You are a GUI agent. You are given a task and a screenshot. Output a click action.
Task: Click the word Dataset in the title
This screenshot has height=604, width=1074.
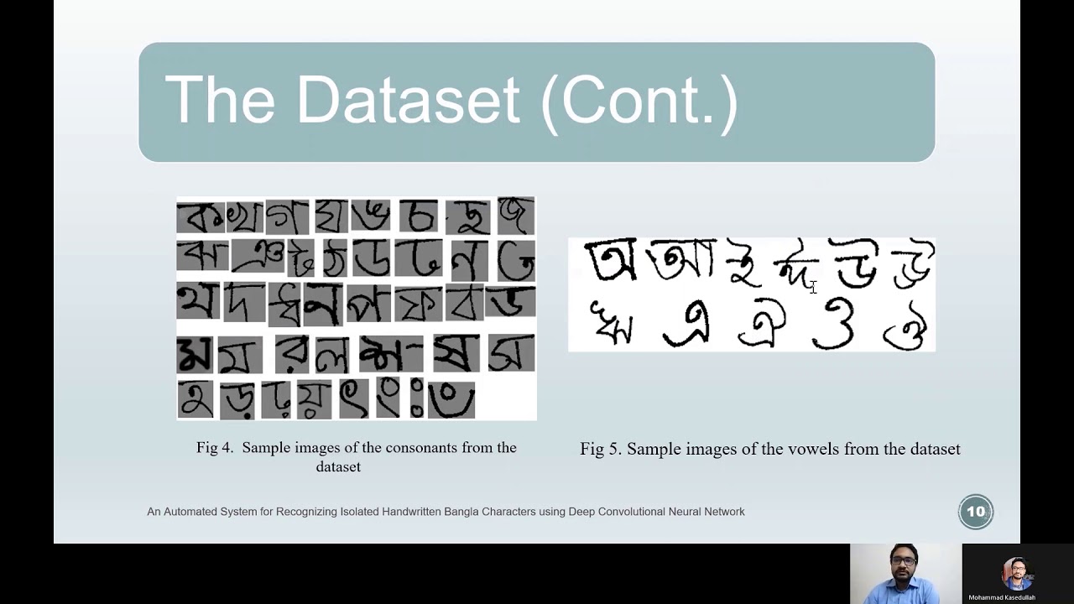tap(408, 100)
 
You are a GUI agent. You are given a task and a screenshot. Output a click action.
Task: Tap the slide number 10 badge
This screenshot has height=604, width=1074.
tap(976, 512)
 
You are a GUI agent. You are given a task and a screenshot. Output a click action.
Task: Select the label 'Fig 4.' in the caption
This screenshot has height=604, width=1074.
tap(215, 448)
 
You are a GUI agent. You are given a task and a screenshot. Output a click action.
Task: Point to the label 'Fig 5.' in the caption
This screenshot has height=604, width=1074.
tap(601, 450)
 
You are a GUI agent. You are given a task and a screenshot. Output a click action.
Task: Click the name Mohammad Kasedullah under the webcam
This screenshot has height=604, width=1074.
tap(1002, 597)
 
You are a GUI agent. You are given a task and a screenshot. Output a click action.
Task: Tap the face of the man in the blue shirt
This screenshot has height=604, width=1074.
tap(904, 562)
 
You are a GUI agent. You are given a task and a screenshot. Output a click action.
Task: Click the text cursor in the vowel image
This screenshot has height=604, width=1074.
tap(812, 288)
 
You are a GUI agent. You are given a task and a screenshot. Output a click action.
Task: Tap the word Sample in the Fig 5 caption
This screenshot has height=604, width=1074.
tap(654, 450)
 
